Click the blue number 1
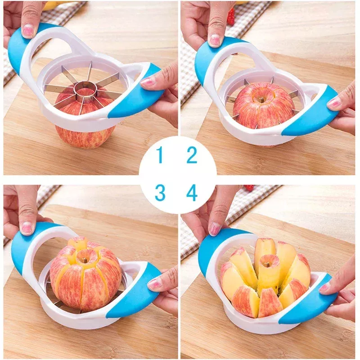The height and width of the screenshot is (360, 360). [x=160, y=155]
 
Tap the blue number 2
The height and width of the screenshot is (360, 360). [x=192, y=155]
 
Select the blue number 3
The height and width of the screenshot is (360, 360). [x=160, y=193]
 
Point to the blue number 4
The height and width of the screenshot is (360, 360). [x=192, y=193]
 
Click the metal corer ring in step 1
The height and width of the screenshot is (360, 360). [x=85, y=91]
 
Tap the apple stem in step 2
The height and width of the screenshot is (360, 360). [x=262, y=99]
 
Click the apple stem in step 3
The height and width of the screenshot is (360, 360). [x=85, y=261]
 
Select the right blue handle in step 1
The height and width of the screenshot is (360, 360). [x=136, y=92]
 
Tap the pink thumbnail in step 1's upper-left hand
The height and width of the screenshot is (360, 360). [x=28, y=31]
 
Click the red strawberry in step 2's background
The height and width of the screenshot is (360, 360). [x=231, y=16]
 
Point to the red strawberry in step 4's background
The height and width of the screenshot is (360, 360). [x=249, y=188]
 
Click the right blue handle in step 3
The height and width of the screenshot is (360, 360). [x=136, y=292]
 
